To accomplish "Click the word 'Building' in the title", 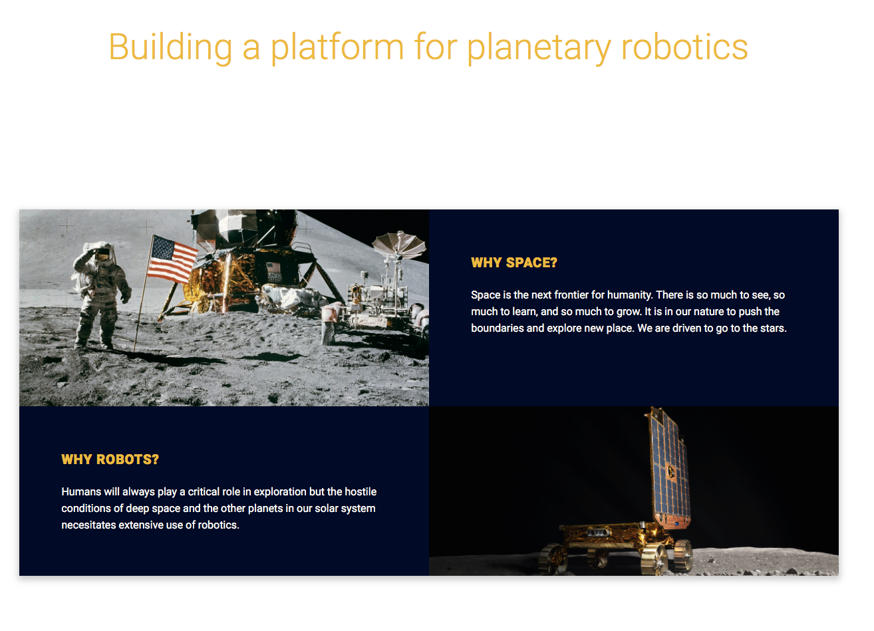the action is click(x=170, y=48).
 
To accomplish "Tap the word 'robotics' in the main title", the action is click(x=684, y=47).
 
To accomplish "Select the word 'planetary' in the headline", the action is click(x=539, y=49).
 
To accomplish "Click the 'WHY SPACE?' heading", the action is click(x=514, y=263).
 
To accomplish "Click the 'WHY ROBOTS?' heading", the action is click(x=110, y=459).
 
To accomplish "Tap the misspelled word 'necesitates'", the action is click(x=88, y=525).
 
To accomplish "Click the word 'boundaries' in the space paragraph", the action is click(x=498, y=328).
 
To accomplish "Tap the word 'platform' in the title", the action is click(x=337, y=49).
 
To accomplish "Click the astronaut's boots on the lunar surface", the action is click(x=94, y=346).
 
